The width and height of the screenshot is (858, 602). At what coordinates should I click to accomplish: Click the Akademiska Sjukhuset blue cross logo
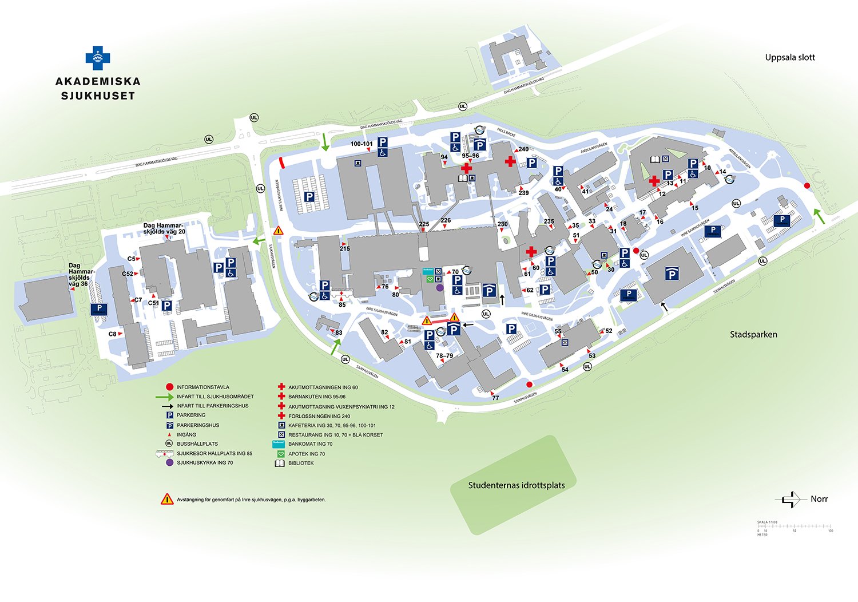[98, 58]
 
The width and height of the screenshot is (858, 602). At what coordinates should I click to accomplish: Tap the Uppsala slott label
[789, 57]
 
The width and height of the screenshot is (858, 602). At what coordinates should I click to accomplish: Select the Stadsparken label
[753, 335]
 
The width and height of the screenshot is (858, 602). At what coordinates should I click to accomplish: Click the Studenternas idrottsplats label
[516, 485]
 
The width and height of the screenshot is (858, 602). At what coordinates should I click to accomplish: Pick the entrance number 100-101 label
[362, 144]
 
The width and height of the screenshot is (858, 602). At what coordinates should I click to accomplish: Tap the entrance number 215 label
[344, 248]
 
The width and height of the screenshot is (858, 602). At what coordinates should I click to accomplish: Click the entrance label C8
[113, 334]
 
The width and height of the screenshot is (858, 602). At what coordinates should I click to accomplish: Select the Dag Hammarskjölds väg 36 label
[78, 275]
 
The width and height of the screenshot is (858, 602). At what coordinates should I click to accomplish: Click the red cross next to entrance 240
[510, 162]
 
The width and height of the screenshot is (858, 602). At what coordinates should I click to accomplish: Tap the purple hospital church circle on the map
[439, 288]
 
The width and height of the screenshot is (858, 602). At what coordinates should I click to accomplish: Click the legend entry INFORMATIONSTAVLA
[202, 387]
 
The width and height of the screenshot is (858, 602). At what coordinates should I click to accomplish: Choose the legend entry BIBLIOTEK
[300, 464]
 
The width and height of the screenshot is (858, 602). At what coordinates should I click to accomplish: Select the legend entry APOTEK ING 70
[306, 454]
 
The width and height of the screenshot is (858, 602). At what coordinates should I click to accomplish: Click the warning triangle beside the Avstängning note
[167, 499]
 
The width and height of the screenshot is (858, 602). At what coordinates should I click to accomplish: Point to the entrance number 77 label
[495, 398]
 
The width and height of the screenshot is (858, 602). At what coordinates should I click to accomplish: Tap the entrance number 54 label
[565, 370]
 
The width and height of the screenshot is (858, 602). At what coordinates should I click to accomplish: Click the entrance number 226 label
[446, 220]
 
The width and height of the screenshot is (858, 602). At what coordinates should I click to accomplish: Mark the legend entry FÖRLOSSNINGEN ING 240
[319, 416]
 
